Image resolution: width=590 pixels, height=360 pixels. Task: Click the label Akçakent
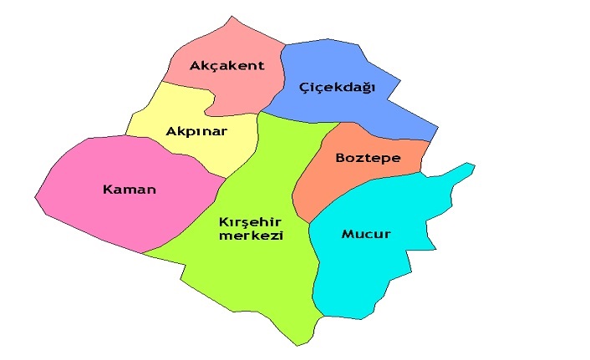click(226, 66)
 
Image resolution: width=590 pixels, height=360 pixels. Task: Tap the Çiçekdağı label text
click(338, 87)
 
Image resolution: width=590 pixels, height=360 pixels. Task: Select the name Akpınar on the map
click(196, 131)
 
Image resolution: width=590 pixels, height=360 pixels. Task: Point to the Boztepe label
click(368, 157)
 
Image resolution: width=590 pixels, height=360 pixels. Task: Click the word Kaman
click(130, 190)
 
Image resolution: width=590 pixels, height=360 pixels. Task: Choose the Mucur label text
click(366, 234)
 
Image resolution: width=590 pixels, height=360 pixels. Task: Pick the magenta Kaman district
click(92, 217)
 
